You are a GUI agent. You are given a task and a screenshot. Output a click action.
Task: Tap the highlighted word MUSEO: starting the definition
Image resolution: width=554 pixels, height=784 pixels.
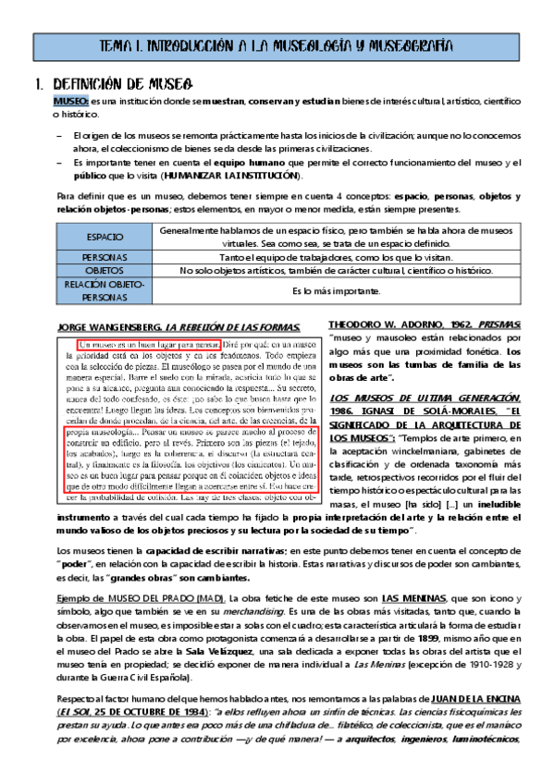(71, 100)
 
